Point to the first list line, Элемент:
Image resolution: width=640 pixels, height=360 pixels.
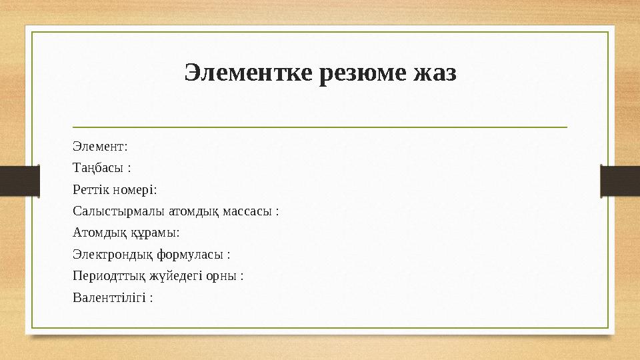[100, 145]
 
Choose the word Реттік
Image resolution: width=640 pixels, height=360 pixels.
[90, 189]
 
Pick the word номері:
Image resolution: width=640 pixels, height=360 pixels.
[134, 189]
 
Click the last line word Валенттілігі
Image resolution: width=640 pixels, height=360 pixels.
[109, 297]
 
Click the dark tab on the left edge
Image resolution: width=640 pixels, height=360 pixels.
[19, 181]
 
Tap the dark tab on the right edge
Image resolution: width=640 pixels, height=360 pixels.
[620, 181]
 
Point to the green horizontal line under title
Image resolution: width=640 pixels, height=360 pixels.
[320, 126]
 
